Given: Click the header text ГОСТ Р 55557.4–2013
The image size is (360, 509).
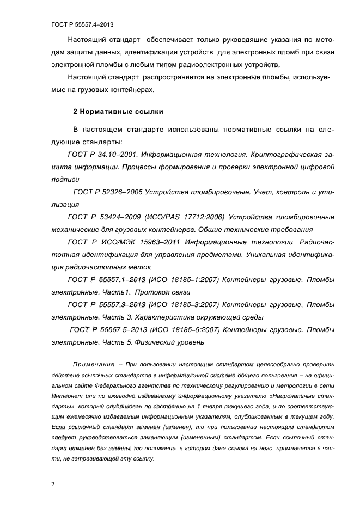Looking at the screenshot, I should pyautogui.click(x=82, y=24).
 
